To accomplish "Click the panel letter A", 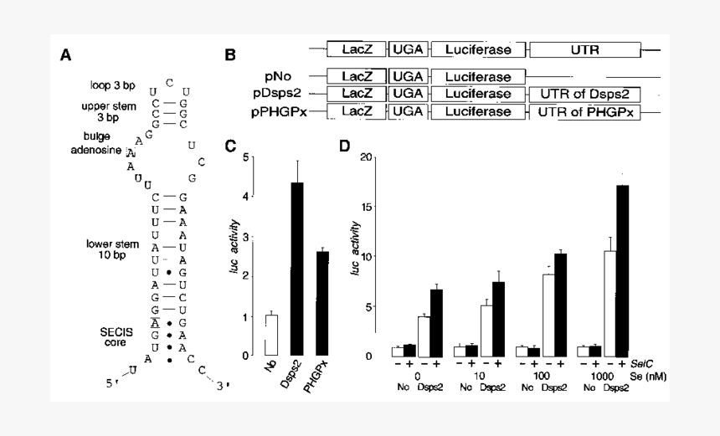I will (x=65, y=56).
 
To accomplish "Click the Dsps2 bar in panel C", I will (x=296, y=269).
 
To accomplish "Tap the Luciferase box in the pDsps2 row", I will (x=478, y=94).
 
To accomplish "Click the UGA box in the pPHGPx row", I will (x=409, y=113).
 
